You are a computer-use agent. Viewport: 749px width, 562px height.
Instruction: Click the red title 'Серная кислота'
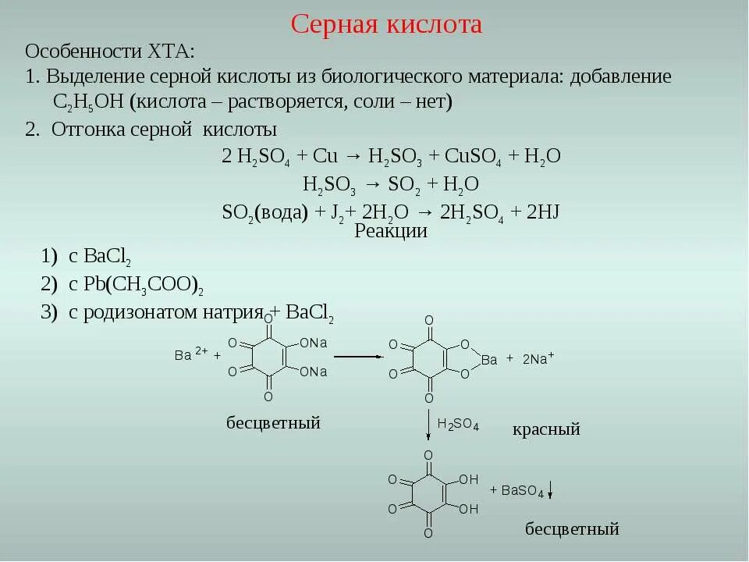[x=386, y=24]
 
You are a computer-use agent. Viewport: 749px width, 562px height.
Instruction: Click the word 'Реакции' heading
[x=391, y=231]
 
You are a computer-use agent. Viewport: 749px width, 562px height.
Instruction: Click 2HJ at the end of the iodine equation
[x=544, y=213]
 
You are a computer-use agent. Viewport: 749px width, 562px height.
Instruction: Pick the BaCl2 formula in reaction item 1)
[x=106, y=258]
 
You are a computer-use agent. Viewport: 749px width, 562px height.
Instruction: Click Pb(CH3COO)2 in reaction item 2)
[x=144, y=285]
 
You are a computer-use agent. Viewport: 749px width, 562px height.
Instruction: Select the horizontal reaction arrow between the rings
[x=358, y=356]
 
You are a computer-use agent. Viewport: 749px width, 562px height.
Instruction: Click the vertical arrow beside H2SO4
[x=428, y=426]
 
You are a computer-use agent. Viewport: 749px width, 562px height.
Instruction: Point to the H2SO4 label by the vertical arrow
[x=457, y=425]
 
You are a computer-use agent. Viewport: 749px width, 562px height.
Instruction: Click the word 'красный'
[x=546, y=429]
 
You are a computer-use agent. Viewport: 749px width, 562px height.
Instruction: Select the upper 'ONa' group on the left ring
[x=313, y=343]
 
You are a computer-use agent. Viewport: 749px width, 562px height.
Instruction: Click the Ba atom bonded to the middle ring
[x=489, y=360]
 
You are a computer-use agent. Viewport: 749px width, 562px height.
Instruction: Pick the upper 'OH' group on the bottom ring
[x=468, y=479]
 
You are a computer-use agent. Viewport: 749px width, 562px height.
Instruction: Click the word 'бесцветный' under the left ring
[x=273, y=423]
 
